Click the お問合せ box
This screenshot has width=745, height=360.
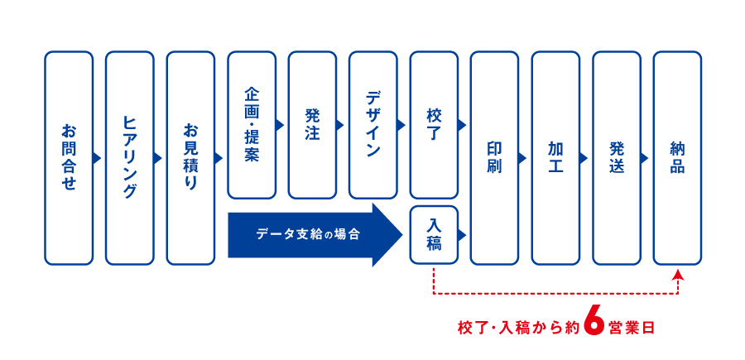[x=69, y=158]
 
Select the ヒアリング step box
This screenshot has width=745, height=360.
[x=130, y=158]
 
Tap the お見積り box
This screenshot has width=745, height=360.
[x=190, y=158]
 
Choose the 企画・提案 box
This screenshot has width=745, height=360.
[x=252, y=125]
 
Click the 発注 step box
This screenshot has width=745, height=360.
[x=312, y=125]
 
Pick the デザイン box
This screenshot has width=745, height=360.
[x=373, y=125]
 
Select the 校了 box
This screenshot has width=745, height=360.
[x=434, y=125]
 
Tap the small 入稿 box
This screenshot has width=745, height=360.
[x=434, y=234]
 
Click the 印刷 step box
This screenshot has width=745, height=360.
[x=495, y=158]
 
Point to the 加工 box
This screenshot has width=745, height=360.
[x=555, y=158]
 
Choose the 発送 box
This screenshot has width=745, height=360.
[x=617, y=158]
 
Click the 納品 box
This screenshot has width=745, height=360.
[x=677, y=158]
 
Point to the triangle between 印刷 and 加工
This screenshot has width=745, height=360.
[x=522, y=158]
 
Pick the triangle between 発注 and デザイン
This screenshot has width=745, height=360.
[x=339, y=125]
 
